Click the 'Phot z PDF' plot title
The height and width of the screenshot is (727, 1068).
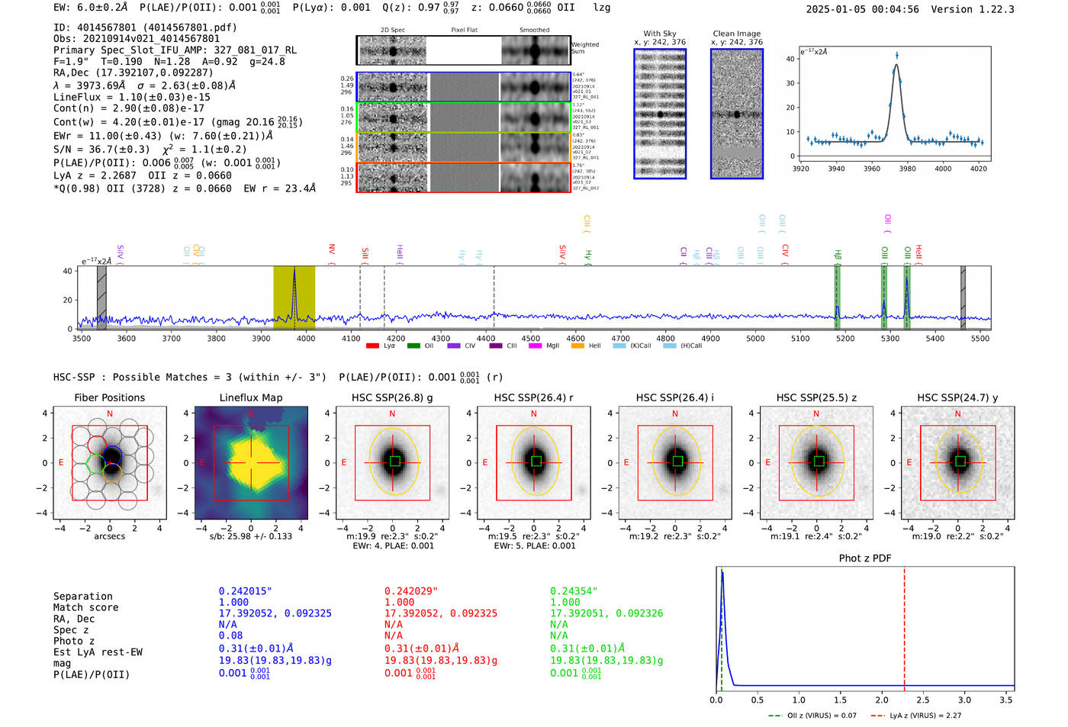(864, 558)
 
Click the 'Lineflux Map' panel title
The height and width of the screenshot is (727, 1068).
(250, 397)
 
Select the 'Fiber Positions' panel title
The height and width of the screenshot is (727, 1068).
(109, 397)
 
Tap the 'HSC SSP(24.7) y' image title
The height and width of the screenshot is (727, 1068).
(957, 397)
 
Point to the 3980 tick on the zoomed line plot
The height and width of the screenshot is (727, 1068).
(907, 169)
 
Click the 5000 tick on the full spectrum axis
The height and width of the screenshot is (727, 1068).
(755, 339)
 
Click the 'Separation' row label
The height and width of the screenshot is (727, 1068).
(82, 597)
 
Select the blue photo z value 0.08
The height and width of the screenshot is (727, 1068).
(230, 635)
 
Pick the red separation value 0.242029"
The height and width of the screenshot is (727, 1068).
(411, 591)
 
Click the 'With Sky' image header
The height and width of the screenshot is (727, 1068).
(659, 34)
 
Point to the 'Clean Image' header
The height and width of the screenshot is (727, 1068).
(736, 34)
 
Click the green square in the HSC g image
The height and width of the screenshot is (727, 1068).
(394, 462)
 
